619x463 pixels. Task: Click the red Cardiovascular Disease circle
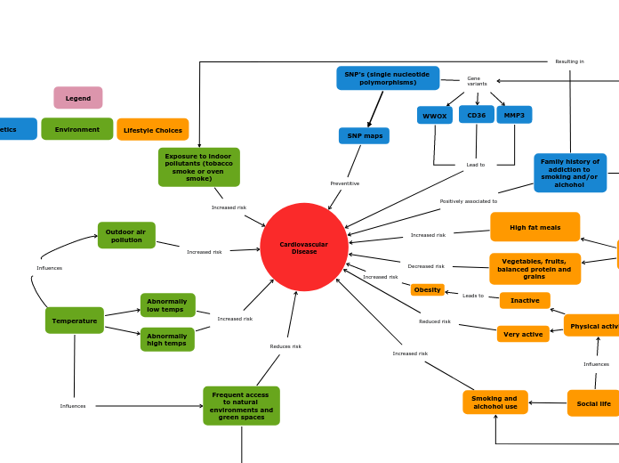coord(304,248)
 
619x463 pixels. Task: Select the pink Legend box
coord(78,98)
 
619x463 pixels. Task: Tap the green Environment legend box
coord(77,129)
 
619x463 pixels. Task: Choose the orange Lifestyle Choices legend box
coord(153,130)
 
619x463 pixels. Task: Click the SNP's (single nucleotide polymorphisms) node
coord(388,78)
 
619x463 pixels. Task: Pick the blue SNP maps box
coord(364,136)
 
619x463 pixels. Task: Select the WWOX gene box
coord(435,116)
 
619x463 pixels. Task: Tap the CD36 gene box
coord(477,115)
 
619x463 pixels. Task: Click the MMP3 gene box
coord(514,115)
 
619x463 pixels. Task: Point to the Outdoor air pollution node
coord(126,235)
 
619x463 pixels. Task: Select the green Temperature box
coord(75,321)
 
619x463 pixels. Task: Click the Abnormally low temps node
coord(167,305)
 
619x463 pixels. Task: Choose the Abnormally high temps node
coord(167,339)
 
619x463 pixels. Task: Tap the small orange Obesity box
coord(428,289)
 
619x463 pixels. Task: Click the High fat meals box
coord(535,227)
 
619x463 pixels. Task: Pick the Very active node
coord(523,334)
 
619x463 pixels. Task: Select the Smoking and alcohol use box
coord(494,402)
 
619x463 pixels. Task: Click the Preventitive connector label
coord(345,183)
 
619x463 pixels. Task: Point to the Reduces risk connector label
coord(285,346)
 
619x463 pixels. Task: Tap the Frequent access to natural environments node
coord(241,406)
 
